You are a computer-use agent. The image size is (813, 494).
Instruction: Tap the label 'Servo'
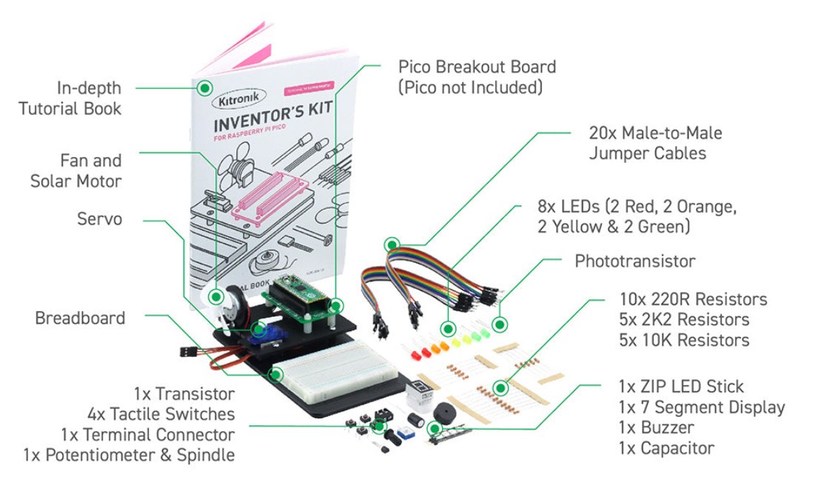click(100, 220)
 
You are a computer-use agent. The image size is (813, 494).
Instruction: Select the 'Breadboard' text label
click(80, 318)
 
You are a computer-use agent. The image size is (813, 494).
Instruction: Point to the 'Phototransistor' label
click(635, 261)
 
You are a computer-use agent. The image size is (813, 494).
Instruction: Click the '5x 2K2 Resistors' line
click(684, 320)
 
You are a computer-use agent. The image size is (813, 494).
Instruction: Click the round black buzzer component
click(445, 412)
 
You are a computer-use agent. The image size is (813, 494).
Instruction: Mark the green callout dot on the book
click(204, 88)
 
